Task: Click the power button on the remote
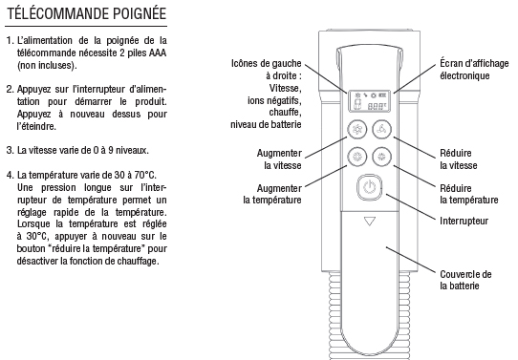coord(369,187)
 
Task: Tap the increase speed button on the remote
coord(357,129)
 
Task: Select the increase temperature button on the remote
coord(357,157)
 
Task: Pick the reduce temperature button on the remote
coord(382,157)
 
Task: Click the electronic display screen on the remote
coord(369,101)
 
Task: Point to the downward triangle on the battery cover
coord(369,221)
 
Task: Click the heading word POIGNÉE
coord(140,14)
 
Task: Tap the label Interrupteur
coord(464,221)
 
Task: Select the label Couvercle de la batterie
coord(465,280)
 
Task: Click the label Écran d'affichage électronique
coord(474,70)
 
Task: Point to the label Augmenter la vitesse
coord(279,159)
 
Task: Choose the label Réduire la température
coord(468,194)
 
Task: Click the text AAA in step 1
coord(158,53)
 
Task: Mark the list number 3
coord(11,151)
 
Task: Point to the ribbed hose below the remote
coord(369,317)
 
